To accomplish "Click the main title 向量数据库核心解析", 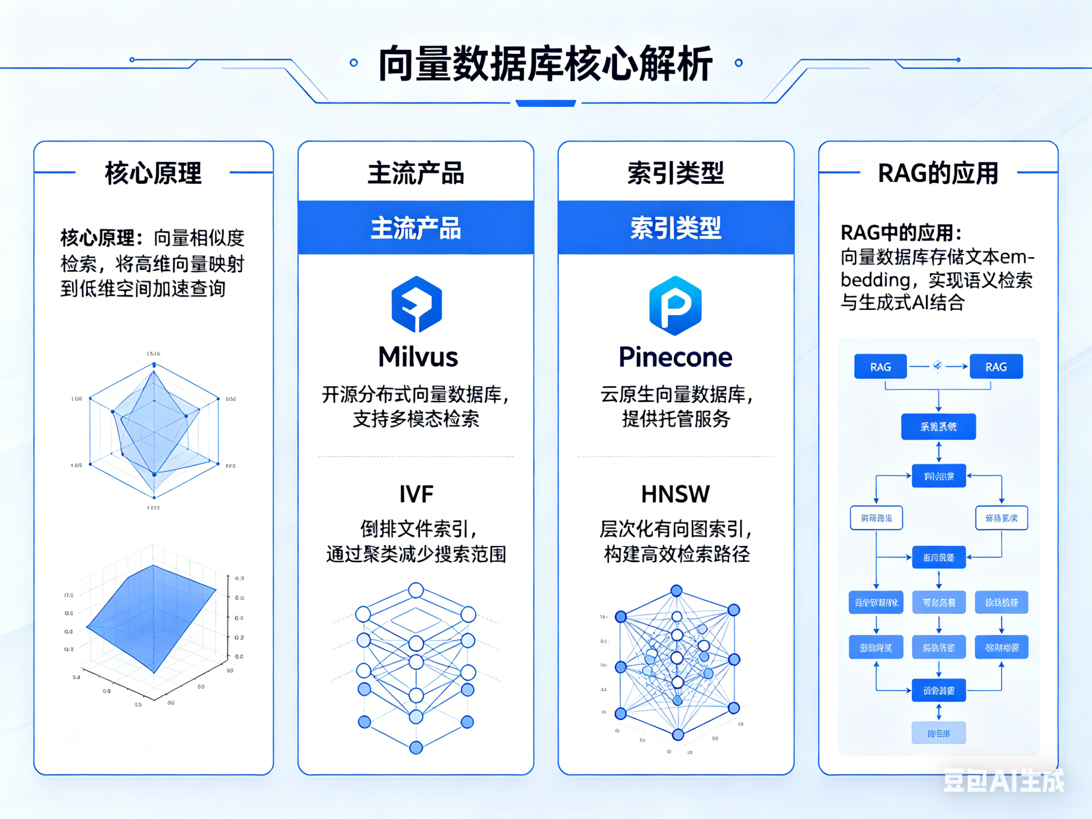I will point(546,64).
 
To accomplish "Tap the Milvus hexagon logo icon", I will point(416,303).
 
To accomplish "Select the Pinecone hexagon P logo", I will point(675,305).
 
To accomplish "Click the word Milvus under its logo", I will point(418,357).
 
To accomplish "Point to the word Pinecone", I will point(675,357).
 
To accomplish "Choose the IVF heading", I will point(416,494).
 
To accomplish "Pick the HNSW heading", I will point(675,494).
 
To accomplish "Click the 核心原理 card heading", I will point(153,173).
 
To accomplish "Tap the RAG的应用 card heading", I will point(938,173).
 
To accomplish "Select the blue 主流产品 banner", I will point(416,228).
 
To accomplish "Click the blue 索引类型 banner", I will point(675,228).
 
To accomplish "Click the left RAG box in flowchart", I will point(880,367).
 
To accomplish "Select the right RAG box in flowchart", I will point(996,367).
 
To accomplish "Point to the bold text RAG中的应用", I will point(900,232).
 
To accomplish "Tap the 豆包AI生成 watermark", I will point(1003,781).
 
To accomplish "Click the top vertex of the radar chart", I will point(154,365).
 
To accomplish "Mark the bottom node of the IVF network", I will point(416,747).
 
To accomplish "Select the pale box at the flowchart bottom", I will point(939,734).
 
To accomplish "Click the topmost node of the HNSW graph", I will point(676,590).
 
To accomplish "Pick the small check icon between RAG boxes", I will point(937,366).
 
